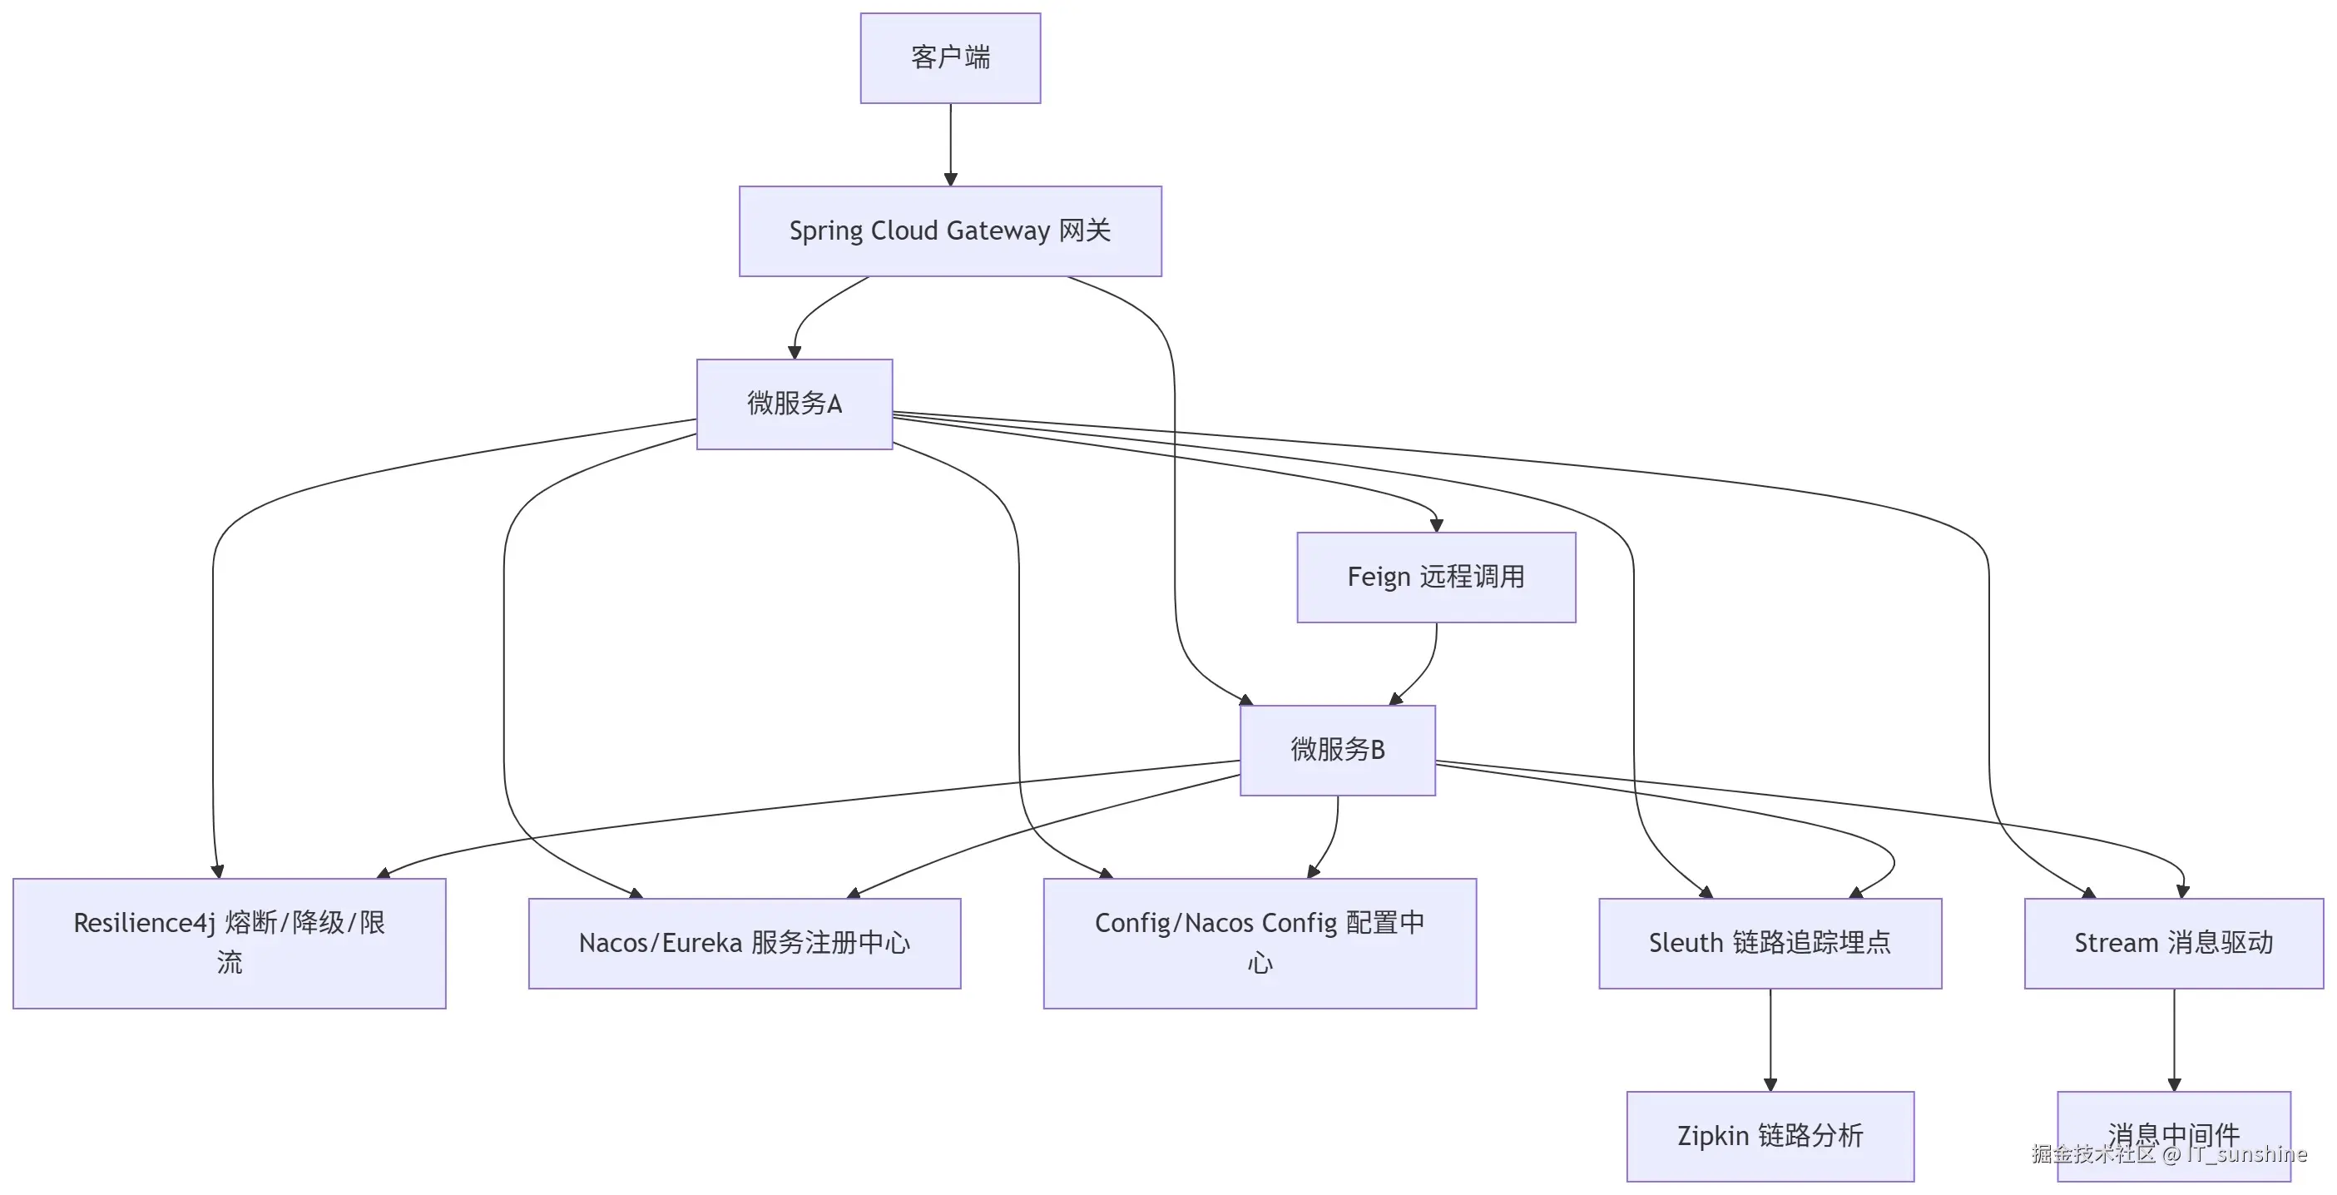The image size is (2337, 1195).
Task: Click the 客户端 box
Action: pos(950,58)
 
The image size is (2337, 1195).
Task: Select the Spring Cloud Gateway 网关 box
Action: pos(950,231)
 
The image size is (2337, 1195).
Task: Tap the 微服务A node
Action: pos(794,404)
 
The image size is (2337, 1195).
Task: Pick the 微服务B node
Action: pos(1337,751)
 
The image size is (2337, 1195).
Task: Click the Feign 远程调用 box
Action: pos(1435,577)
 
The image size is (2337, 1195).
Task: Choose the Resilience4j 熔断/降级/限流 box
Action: pos(229,943)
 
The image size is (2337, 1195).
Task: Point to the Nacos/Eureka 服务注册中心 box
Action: pos(744,943)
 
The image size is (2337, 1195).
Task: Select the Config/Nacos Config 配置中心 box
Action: pos(1260,943)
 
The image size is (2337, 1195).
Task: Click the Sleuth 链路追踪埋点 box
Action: pos(1769,943)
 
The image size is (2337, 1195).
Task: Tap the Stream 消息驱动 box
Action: pos(2173,943)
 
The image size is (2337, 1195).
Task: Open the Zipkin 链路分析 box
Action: pos(1769,1136)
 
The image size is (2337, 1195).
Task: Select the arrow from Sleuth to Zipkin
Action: pos(1769,1039)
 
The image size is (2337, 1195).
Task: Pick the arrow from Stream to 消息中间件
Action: pos(2173,1039)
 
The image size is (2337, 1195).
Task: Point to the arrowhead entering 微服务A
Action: pos(794,352)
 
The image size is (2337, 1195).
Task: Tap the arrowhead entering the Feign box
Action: pos(1435,525)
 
